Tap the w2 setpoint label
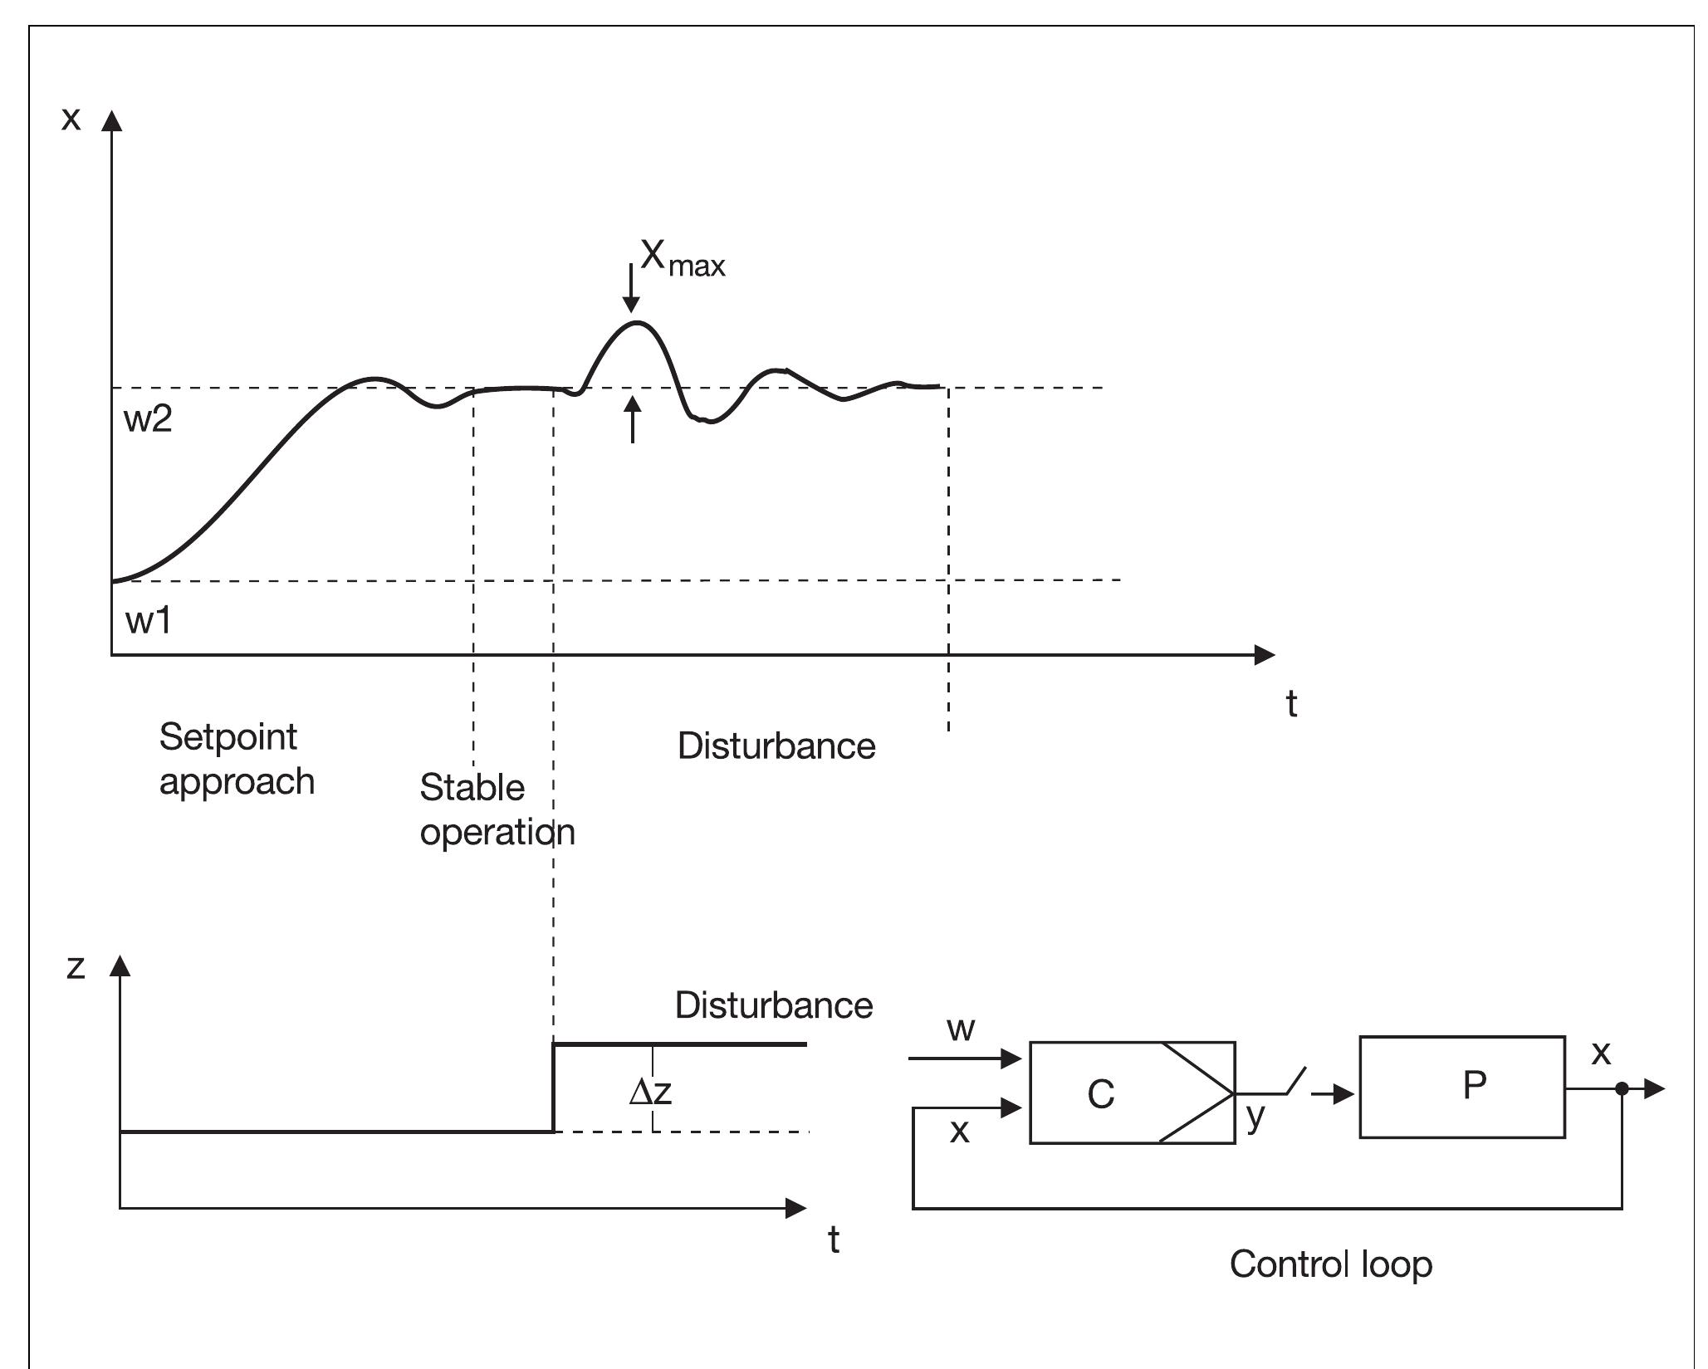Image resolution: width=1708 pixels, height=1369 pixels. (x=148, y=419)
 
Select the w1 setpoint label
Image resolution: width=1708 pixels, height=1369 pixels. (x=148, y=620)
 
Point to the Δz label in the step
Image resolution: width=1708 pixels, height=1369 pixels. (x=650, y=1092)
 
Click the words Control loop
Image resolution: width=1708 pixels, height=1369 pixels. (x=1330, y=1264)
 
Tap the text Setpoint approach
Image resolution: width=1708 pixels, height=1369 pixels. (x=236, y=759)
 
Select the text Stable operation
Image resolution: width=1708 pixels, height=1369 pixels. (x=496, y=809)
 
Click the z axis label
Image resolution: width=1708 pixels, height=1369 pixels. (x=76, y=966)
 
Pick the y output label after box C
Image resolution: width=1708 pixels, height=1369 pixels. (x=1255, y=1117)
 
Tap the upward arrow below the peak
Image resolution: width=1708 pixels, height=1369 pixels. (x=633, y=419)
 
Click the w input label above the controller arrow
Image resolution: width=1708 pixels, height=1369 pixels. (x=961, y=1029)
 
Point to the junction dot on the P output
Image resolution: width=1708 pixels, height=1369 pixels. (x=1621, y=1088)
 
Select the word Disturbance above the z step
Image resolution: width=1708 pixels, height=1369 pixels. (x=773, y=1005)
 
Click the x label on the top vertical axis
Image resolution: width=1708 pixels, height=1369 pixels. (x=71, y=119)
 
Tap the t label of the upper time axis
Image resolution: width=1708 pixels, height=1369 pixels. (x=1291, y=704)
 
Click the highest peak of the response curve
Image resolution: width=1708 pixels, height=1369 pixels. (x=635, y=322)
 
